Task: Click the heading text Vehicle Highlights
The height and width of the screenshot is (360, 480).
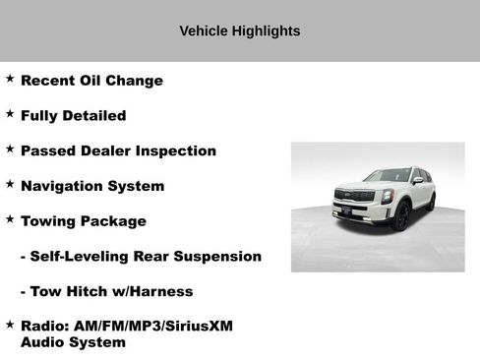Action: [x=240, y=31]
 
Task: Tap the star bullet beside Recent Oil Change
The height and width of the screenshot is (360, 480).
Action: [x=10, y=78]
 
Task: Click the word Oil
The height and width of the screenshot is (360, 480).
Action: [x=82, y=81]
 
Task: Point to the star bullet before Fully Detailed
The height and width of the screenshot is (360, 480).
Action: [x=10, y=113]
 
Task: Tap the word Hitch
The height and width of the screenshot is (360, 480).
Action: [x=85, y=292]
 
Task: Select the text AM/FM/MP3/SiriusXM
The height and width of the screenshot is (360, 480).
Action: [x=151, y=326]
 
